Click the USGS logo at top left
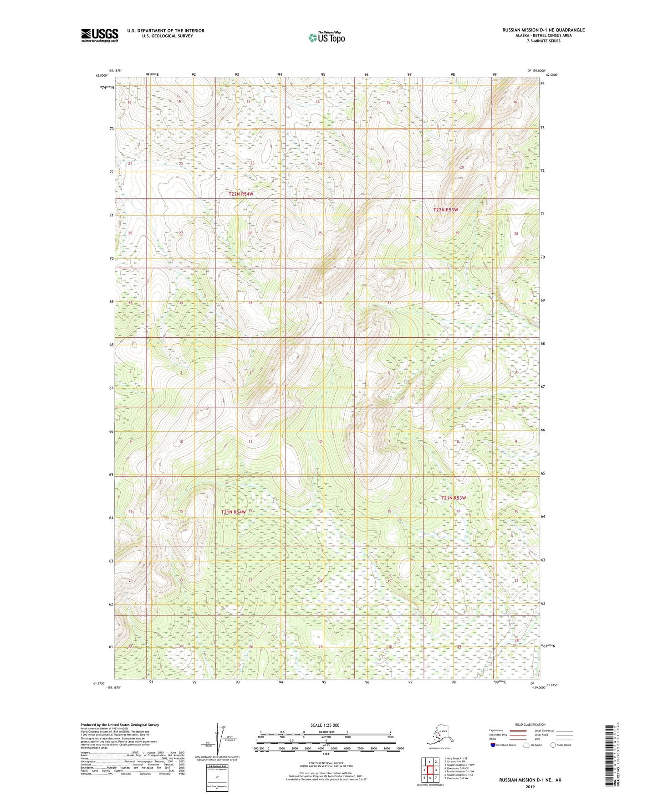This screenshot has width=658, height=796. point(99,35)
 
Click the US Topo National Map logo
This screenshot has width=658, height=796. point(326,37)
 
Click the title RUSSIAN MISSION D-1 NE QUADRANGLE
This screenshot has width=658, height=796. point(543,30)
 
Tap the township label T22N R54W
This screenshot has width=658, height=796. point(240,194)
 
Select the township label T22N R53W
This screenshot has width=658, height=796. point(445,210)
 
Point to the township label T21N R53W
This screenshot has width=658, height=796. point(453,498)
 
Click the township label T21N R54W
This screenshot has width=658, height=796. point(233,512)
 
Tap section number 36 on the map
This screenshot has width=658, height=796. point(320,303)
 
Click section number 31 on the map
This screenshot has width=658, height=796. point(389,303)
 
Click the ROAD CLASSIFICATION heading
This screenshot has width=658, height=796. point(530,724)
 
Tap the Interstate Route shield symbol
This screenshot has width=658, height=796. point(493,745)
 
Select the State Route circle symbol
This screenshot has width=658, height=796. point(553,745)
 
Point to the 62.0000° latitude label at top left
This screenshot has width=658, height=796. point(102,75)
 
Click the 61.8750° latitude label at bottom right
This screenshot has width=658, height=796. point(552,685)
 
